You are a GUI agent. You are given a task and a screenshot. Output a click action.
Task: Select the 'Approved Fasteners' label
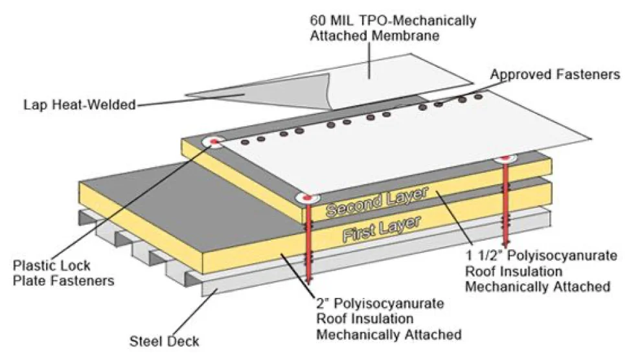pos(555,74)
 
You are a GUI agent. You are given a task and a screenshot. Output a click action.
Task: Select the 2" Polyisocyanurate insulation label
pos(388,319)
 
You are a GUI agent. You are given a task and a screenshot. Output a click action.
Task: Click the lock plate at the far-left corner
pos(212,142)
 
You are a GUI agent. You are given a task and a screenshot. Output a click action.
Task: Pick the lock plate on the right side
pos(505,159)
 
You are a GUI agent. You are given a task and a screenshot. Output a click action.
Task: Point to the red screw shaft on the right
pos(505,207)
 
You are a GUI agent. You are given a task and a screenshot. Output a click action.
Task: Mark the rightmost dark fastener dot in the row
pos(479,97)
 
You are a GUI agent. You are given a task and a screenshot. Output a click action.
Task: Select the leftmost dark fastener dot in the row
pos(245,141)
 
